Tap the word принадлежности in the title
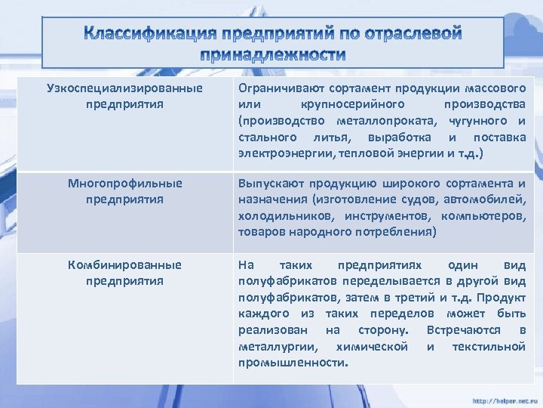tap(273, 54)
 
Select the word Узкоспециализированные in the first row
tap(124, 88)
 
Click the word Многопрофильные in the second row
tap(124, 184)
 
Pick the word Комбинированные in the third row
tap(124, 265)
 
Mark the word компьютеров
tap(487, 216)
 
